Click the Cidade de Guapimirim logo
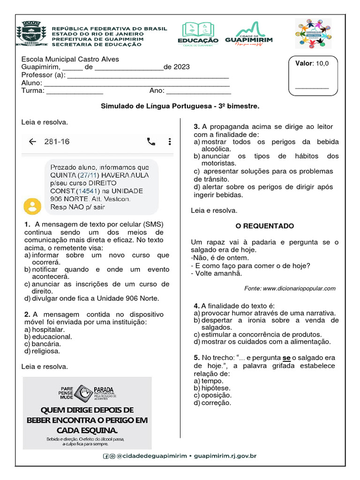(x=248, y=34)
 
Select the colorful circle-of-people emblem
(x=313, y=34)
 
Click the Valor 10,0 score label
(x=312, y=63)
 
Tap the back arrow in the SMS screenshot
(x=32, y=142)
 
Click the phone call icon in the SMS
(x=151, y=142)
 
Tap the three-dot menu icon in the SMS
(x=170, y=142)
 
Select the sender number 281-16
(x=57, y=142)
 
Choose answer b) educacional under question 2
(x=48, y=336)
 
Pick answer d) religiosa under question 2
(x=45, y=351)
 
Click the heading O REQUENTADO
(x=265, y=226)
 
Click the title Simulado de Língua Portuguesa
(x=180, y=106)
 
